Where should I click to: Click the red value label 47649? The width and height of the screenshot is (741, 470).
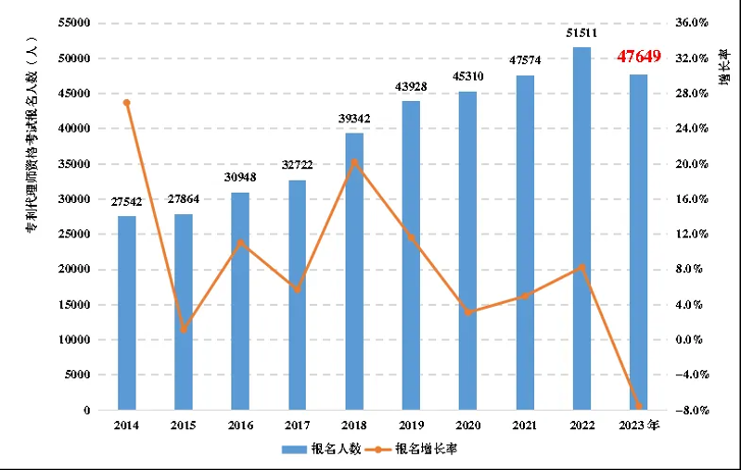coord(639,57)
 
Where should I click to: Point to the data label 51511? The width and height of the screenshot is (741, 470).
coord(581,34)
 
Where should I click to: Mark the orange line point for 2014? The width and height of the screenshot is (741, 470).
coord(127,102)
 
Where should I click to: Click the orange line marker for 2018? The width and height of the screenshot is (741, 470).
coord(354,161)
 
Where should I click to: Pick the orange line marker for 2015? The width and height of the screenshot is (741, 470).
coord(184,329)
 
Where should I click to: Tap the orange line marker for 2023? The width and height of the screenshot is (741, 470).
coord(638,407)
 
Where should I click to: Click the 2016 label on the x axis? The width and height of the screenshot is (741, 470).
coord(240,425)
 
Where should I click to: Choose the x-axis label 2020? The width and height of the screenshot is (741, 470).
coord(467,425)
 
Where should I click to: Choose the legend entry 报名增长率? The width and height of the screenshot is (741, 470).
coord(426,448)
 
